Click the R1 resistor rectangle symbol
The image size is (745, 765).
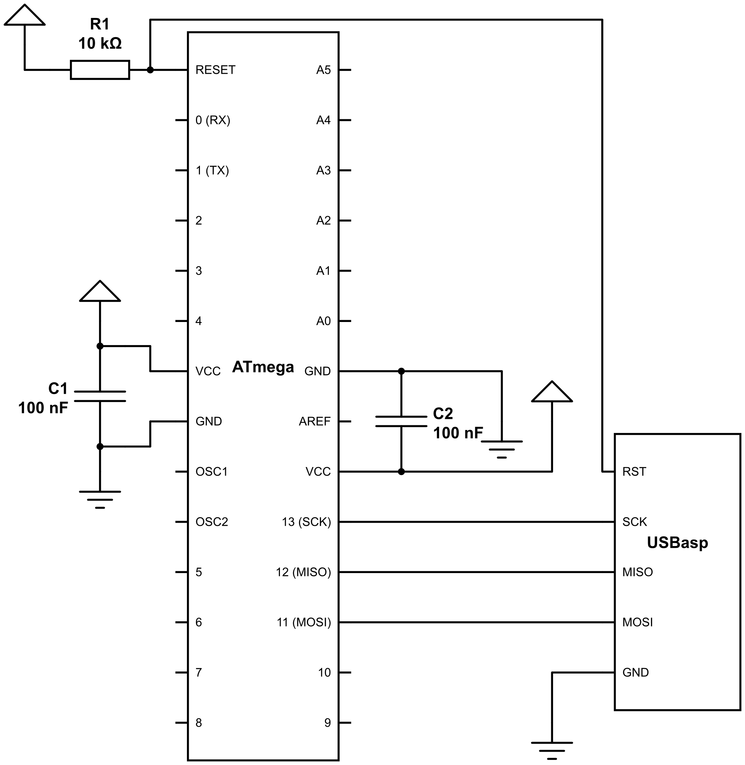coord(100,70)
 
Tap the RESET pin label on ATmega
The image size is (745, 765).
coord(215,70)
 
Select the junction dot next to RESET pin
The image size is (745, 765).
coord(150,70)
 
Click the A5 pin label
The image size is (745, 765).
coord(323,70)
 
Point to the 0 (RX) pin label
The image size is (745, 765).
coord(213,120)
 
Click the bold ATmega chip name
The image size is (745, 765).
coord(263,367)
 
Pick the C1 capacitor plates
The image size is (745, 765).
coord(100,396)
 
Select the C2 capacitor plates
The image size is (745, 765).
coord(401,421)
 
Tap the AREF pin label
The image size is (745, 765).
coord(314,421)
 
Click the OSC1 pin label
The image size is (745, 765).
coord(211,472)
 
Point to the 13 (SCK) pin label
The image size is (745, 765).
coord(306,522)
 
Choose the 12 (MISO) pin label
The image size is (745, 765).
coord(303,572)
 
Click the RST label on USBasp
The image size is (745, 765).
coord(634,472)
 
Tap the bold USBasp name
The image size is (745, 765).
coord(677,542)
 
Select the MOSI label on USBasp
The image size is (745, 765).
coord(637,622)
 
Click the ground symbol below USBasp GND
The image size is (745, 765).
coord(552,750)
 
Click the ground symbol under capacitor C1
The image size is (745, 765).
coord(100,499)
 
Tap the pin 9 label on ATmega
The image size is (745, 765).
coord(327,723)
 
